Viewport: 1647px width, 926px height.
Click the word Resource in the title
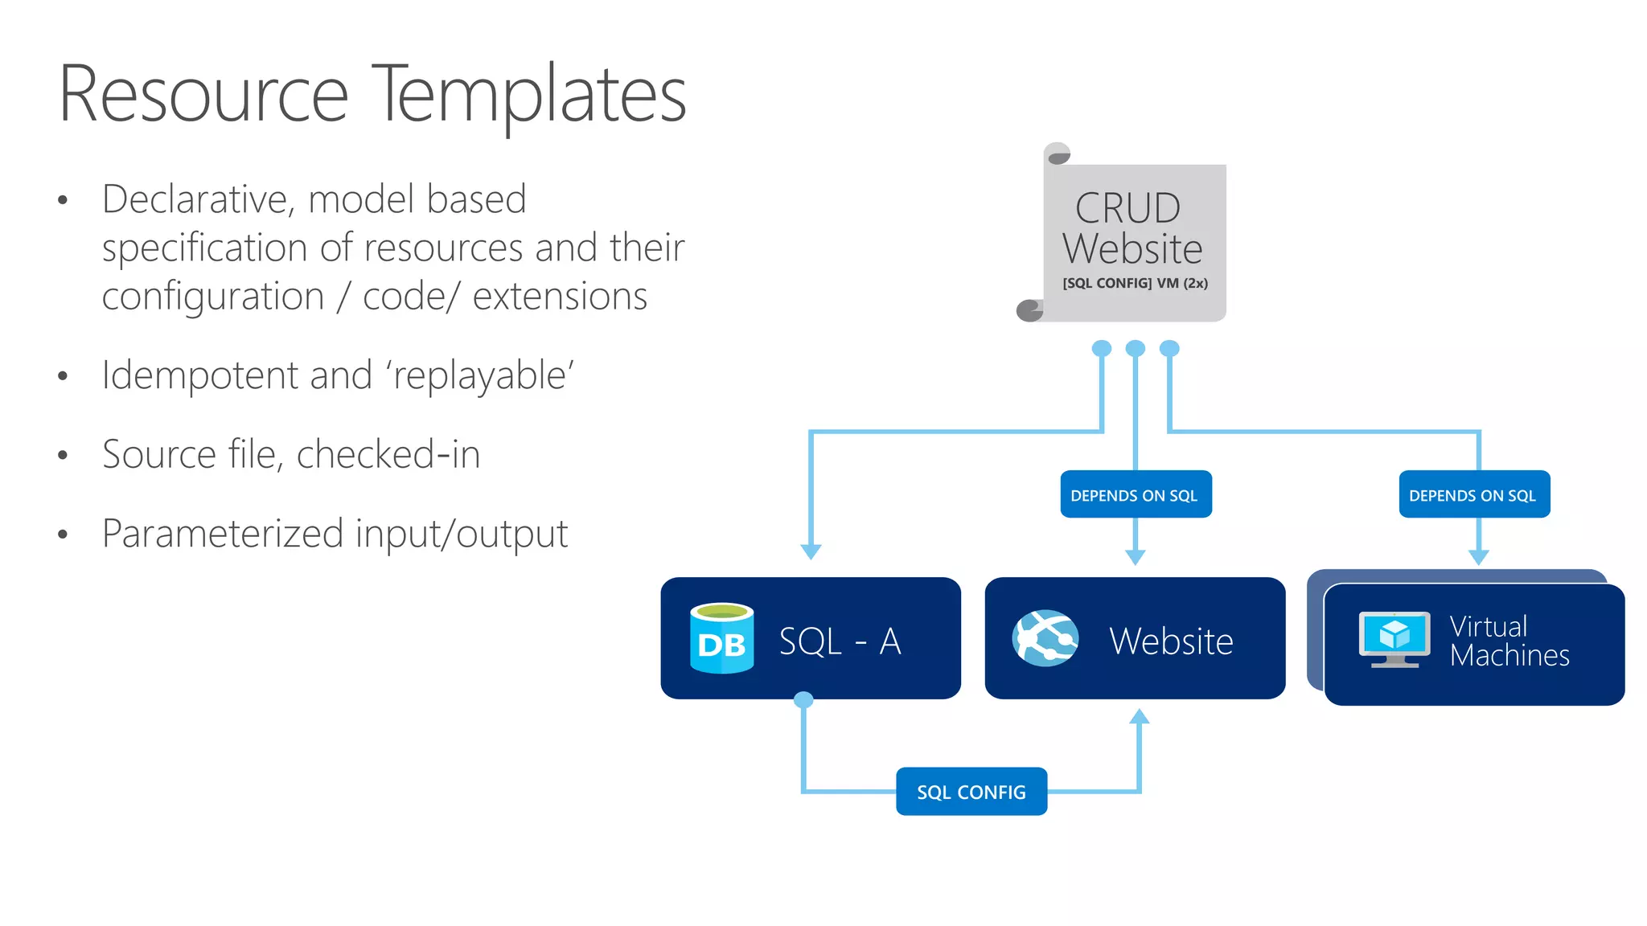tap(203, 95)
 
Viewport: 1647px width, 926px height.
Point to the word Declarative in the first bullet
tap(197, 199)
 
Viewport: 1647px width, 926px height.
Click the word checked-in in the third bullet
tap(388, 454)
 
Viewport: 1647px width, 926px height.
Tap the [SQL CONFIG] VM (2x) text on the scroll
tap(1135, 283)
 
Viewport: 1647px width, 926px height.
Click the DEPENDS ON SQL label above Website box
tap(1135, 495)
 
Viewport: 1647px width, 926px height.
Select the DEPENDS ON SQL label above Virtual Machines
tap(1473, 495)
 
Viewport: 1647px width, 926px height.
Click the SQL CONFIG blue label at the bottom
tap(971, 792)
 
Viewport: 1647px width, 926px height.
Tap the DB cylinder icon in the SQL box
tap(721, 638)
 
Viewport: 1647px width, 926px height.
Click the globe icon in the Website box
tap(1045, 638)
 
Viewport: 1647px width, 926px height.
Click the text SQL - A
tap(840, 641)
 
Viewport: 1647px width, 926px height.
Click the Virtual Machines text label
tap(1508, 641)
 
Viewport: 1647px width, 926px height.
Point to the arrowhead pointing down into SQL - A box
tap(811, 551)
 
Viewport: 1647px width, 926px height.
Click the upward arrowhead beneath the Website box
tap(1139, 717)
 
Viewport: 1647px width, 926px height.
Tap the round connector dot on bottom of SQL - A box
tap(803, 700)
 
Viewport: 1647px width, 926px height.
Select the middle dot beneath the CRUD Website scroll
tap(1135, 348)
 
